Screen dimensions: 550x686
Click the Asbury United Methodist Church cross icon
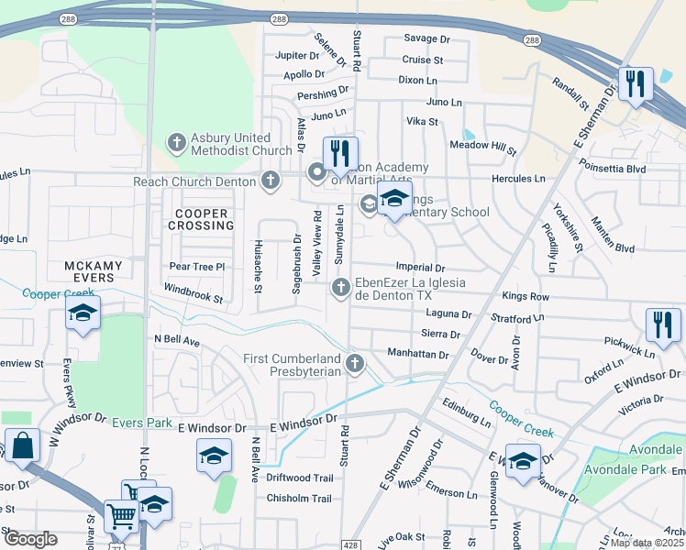176,143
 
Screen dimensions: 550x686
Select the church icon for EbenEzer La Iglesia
340,289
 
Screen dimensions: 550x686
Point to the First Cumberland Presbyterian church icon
355,365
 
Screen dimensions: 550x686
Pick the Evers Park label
142,423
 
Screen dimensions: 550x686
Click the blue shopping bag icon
22,445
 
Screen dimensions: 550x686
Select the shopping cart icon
120,517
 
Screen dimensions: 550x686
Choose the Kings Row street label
526,297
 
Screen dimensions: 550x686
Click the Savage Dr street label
427,39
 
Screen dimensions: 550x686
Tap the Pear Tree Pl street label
197,267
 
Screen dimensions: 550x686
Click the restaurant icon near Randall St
634,84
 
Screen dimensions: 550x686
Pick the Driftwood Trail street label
299,478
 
